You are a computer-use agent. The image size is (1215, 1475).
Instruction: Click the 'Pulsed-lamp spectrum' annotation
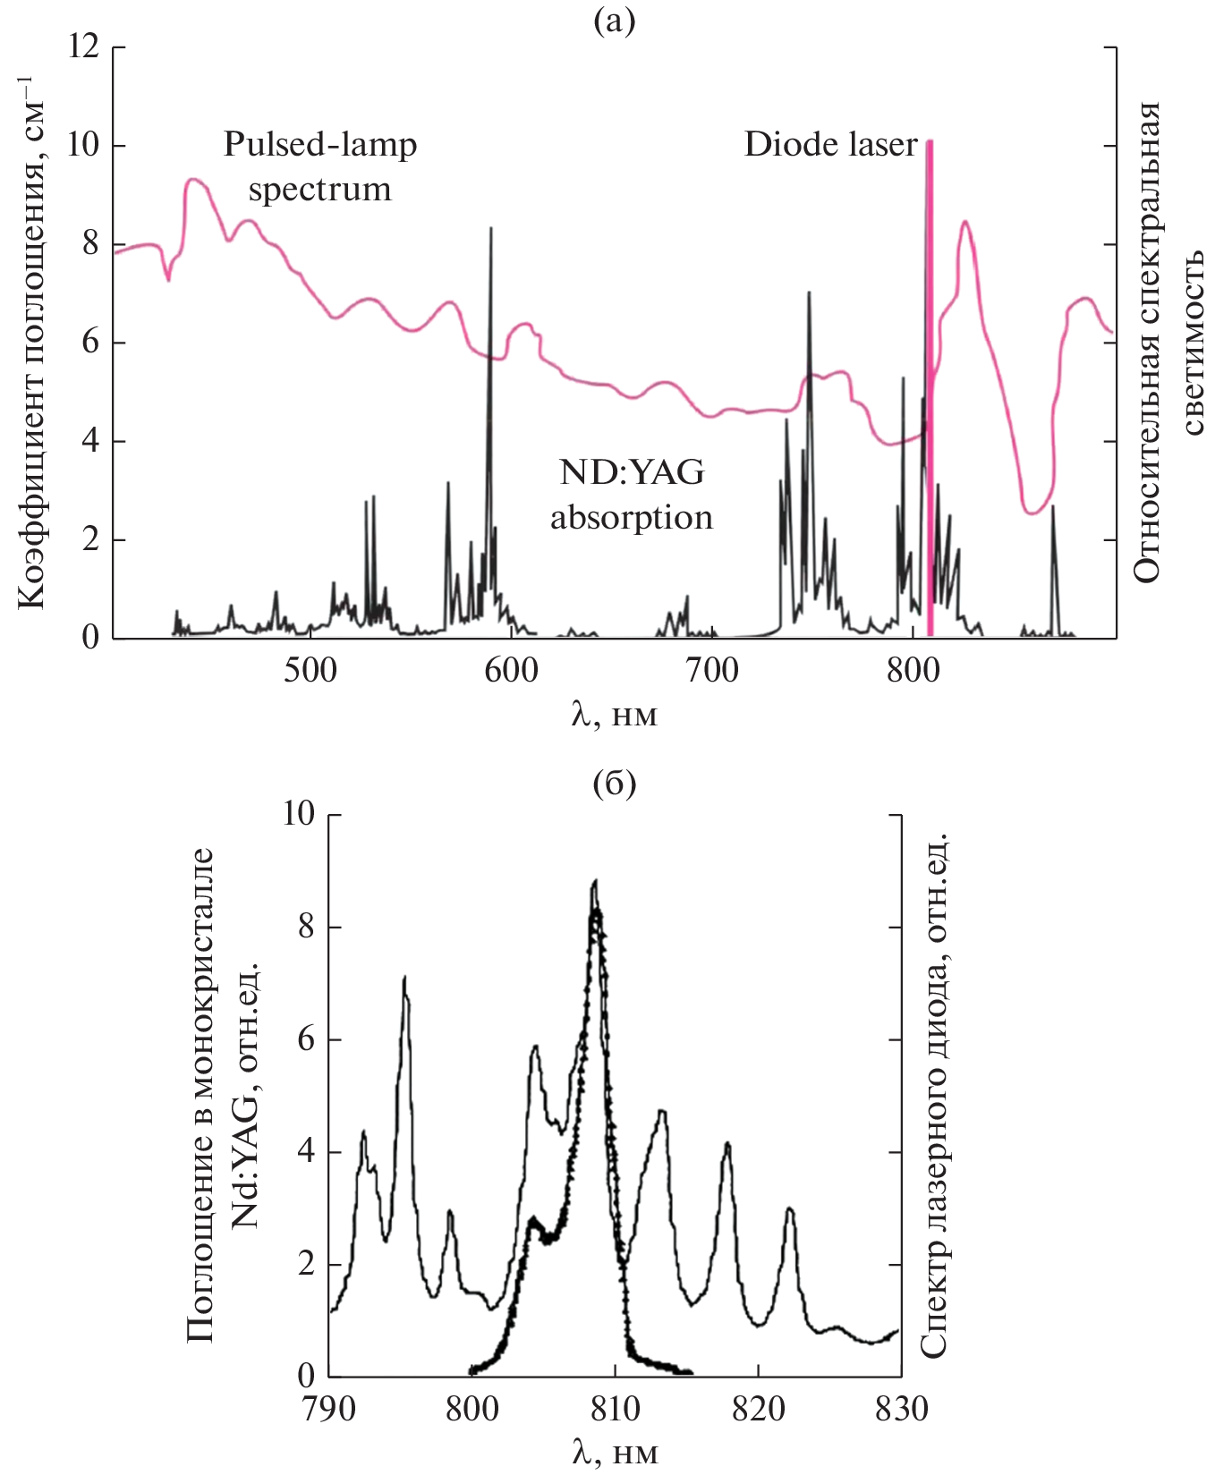tap(319, 166)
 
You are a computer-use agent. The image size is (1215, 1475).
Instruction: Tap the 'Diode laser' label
tap(830, 145)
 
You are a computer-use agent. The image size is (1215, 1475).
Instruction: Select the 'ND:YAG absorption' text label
tap(631, 495)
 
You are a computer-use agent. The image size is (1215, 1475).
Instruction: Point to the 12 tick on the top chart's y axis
tap(83, 46)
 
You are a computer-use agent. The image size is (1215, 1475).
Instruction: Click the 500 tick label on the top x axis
tap(310, 671)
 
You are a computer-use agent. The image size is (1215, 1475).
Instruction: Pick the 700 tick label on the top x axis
tap(712, 671)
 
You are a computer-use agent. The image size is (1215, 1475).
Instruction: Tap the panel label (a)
tap(615, 20)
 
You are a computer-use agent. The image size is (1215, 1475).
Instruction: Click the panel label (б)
tap(615, 784)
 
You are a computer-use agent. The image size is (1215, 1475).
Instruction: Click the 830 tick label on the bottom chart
tap(900, 1409)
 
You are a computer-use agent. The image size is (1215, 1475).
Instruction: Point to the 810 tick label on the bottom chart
tap(615, 1409)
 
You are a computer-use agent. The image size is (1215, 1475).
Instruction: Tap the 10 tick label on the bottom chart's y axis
tap(299, 813)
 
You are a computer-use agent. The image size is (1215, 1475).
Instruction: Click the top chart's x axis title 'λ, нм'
tap(615, 715)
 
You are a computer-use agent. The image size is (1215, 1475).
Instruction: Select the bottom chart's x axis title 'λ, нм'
tap(615, 1453)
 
